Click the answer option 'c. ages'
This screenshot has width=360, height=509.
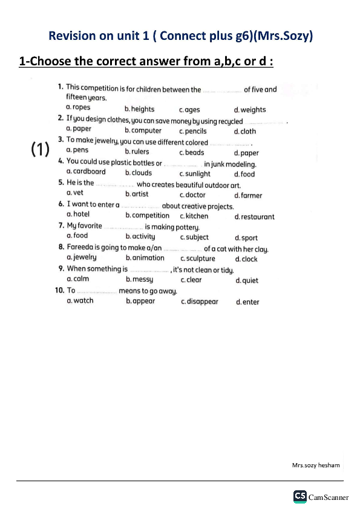coord(189,109)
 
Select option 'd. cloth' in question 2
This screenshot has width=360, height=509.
coord(245,131)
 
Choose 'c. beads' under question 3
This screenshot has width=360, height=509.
coord(192,152)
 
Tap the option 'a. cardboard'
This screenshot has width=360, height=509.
coord(85,172)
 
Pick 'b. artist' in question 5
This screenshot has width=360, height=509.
coord(137,194)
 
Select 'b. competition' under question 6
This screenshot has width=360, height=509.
coord(148,215)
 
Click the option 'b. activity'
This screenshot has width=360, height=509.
coord(140,236)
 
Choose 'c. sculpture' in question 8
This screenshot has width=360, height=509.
coord(197,258)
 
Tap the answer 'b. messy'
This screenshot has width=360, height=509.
coord(139,279)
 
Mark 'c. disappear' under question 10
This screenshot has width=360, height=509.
coord(200,301)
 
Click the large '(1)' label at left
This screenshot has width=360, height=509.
coord(40,150)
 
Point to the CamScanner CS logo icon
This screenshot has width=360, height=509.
coord(299,496)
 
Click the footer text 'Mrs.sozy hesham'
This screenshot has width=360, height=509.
coord(316,465)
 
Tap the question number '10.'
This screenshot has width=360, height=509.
coord(60,290)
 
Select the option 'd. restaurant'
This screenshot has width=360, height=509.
coord(254,216)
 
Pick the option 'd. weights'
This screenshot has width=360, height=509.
coord(250,109)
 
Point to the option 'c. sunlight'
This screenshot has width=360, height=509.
coord(195,174)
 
